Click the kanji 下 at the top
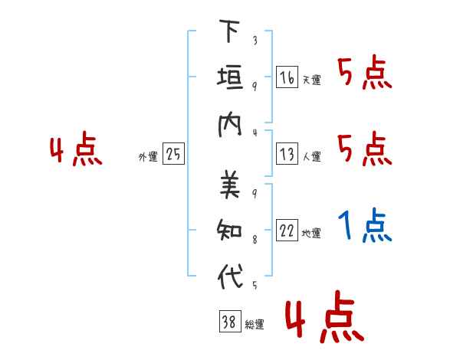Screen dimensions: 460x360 (x=229, y=31)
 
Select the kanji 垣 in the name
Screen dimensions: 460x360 (x=230, y=77)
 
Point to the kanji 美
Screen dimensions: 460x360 (x=230, y=184)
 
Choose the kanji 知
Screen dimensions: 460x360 (x=229, y=230)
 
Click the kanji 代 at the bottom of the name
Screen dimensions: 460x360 (x=230, y=276)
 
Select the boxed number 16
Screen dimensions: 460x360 (x=287, y=77)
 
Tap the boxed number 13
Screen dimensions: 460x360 (x=287, y=154)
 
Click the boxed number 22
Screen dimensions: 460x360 (x=287, y=230)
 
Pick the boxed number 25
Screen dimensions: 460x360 (x=173, y=154)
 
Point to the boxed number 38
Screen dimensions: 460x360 (x=230, y=321)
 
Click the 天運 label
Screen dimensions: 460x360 (x=312, y=80)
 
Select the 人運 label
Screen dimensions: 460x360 (x=312, y=156)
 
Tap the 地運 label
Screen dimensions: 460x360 (x=311, y=233)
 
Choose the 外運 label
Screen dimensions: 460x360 (x=148, y=156)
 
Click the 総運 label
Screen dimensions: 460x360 (x=255, y=324)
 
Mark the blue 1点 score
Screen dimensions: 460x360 (x=365, y=224)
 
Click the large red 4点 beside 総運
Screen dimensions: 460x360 (x=324, y=317)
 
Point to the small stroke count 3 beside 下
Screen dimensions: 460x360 (x=255, y=40)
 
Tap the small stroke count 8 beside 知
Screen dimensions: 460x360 (x=255, y=240)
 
